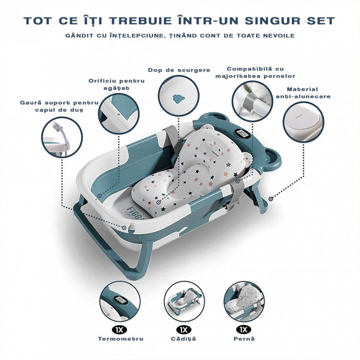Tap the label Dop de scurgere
pyautogui.click(x=172, y=69)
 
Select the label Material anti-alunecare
pyautogui.click(x=303, y=93)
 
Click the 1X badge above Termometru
pyautogui.click(x=119, y=328)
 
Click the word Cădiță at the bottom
pyautogui.click(x=183, y=338)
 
